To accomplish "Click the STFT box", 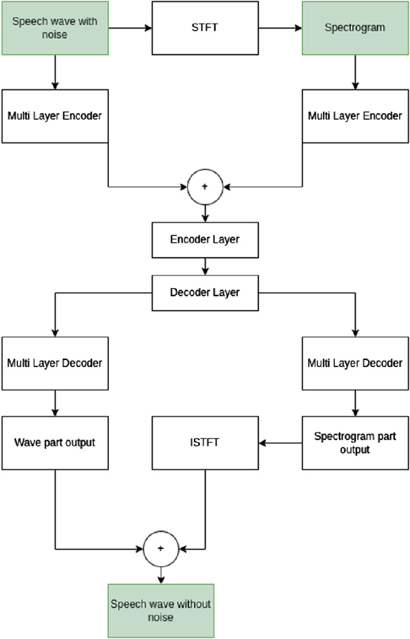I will [205, 28].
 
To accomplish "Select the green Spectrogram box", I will [355, 28].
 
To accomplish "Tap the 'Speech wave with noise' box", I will [54, 28].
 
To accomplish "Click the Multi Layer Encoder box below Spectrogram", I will [355, 116].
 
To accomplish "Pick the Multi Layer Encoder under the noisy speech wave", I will [54, 116].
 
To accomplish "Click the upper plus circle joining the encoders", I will [205, 187].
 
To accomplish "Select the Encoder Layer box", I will [205, 240].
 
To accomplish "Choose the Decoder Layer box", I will [205, 293].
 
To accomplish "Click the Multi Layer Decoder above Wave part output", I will [54, 363].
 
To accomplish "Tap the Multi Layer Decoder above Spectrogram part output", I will [355, 363].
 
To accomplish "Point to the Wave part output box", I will [54, 443].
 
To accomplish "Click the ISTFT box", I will [205, 443].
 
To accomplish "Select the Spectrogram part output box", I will [355, 443].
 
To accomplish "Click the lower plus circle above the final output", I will [160, 549].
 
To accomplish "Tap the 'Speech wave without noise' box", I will [160, 610].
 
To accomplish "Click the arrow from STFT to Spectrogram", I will [280, 28].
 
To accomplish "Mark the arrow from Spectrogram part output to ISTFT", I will [280, 443].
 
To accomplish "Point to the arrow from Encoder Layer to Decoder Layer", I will [205, 265].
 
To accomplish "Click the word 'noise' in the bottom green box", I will [160, 617].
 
